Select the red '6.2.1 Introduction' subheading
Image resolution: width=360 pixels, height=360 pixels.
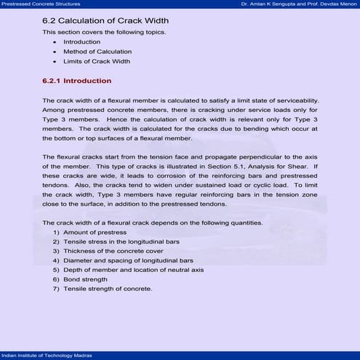pos(77,81)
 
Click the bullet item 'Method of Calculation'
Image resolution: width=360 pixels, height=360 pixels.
pos(97,52)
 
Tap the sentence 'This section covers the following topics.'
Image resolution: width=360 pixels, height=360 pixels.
pos(103,33)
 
